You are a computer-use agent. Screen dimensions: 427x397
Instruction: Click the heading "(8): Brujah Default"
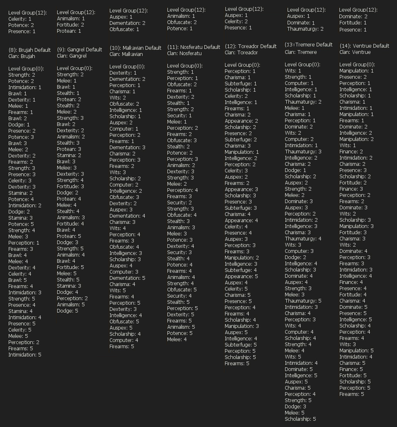tap(29, 50)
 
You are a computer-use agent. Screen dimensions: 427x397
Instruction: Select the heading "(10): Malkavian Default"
tap(135, 48)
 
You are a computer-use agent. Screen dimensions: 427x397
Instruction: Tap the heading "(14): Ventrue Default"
tap(364, 46)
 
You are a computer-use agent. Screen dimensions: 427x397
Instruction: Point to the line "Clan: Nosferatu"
tap(184, 53)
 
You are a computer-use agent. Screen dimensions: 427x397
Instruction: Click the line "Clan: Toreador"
tap(241, 52)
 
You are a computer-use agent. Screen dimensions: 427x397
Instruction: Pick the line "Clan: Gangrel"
tap(72, 56)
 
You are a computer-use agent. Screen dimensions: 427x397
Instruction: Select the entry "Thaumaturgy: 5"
tap(303, 301)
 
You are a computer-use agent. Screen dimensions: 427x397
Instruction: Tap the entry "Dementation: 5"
tap(127, 278)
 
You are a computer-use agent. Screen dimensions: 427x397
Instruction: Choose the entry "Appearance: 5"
tap(241, 276)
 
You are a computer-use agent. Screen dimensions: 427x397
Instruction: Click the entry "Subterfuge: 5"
tap(240, 345)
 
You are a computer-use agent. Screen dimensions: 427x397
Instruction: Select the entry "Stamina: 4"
tap(20, 311)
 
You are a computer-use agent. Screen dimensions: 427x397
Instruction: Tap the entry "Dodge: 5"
tap(68, 311)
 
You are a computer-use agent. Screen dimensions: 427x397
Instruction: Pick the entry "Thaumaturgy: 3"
tap(303, 151)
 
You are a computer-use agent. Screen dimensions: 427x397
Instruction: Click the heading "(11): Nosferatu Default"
tap(194, 47)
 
